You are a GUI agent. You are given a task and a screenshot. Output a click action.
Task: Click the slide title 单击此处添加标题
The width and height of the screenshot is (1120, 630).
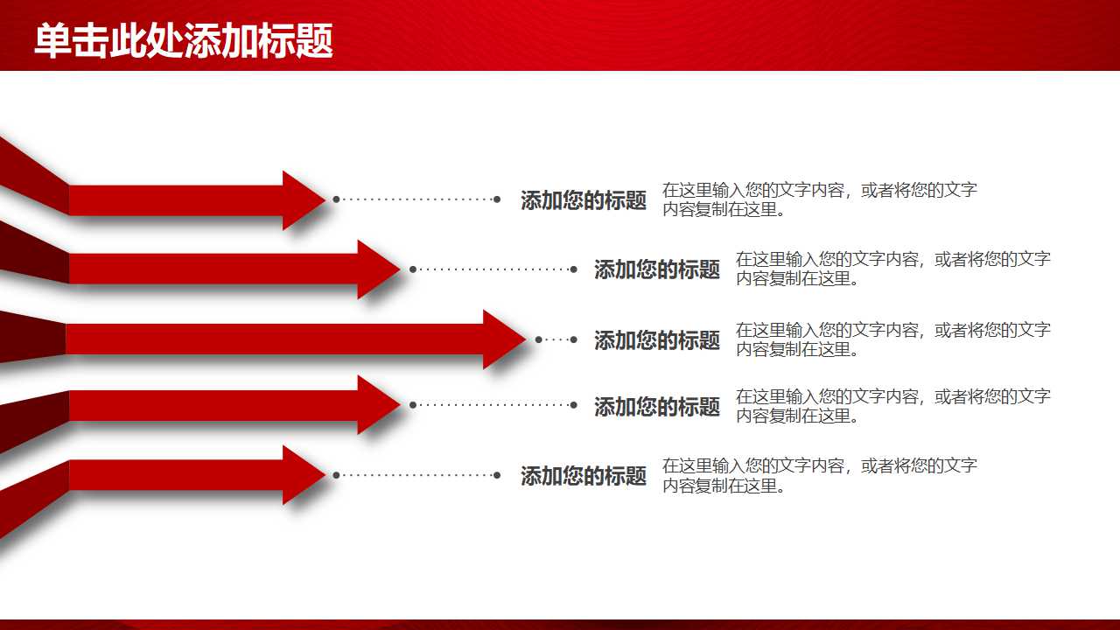pyautogui.click(x=184, y=41)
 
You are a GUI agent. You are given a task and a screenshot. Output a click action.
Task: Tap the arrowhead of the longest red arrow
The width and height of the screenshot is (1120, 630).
pyautogui.click(x=502, y=339)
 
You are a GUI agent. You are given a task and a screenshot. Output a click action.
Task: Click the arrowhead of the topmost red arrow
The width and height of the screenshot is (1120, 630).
pyautogui.click(x=302, y=199)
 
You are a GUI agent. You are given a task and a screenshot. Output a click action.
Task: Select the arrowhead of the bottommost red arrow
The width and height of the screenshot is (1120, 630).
pyautogui.click(x=302, y=475)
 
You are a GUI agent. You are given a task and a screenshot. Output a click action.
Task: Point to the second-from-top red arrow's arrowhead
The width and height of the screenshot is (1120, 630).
pyautogui.click(x=377, y=269)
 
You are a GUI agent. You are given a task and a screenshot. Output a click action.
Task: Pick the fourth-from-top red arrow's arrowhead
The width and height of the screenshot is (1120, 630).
pyautogui.click(x=377, y=404)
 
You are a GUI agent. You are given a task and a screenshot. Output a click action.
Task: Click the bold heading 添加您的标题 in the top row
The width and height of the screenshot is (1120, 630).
pyautogui.click(x=584, y=200)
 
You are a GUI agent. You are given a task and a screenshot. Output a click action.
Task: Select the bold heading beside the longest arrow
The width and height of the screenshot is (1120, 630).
pyautogui.click(x=657, y=340)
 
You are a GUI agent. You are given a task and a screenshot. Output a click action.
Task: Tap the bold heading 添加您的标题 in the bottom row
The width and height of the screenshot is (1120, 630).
pyautogui.click(x=584, y=476)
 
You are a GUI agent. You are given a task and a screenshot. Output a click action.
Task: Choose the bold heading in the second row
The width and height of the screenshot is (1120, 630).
pyautogui.click(x=657, y=269)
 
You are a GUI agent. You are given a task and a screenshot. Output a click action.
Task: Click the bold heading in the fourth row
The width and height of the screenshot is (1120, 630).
pyautogui.click(x=657, y=406)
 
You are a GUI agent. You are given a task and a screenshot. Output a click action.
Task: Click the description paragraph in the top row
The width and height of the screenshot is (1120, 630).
pyautogui.click(x=819, y=199)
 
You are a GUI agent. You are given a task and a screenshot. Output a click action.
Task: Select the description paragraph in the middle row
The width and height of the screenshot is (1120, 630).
pyautogui.click(x=892, y=339)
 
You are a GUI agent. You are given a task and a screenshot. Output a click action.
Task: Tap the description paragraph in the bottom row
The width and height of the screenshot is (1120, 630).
pyautogui.click(x=819, y=475)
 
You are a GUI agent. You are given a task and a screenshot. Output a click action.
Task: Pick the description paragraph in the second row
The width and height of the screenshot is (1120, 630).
pyautogui.click(x=892, y=269)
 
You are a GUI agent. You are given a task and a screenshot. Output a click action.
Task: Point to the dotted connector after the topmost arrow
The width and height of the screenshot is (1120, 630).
pyautogui.click(x=416, y=199)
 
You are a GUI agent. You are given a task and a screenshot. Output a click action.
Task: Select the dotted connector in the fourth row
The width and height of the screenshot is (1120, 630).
pyautogui.click(x=493, y=405)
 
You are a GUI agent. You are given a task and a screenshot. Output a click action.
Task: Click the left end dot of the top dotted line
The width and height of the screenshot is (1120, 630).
pyautogui.click(x=336, y=199)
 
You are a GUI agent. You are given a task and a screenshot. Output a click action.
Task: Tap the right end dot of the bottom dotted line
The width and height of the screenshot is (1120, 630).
pyautogui.click(x=497, y=475)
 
